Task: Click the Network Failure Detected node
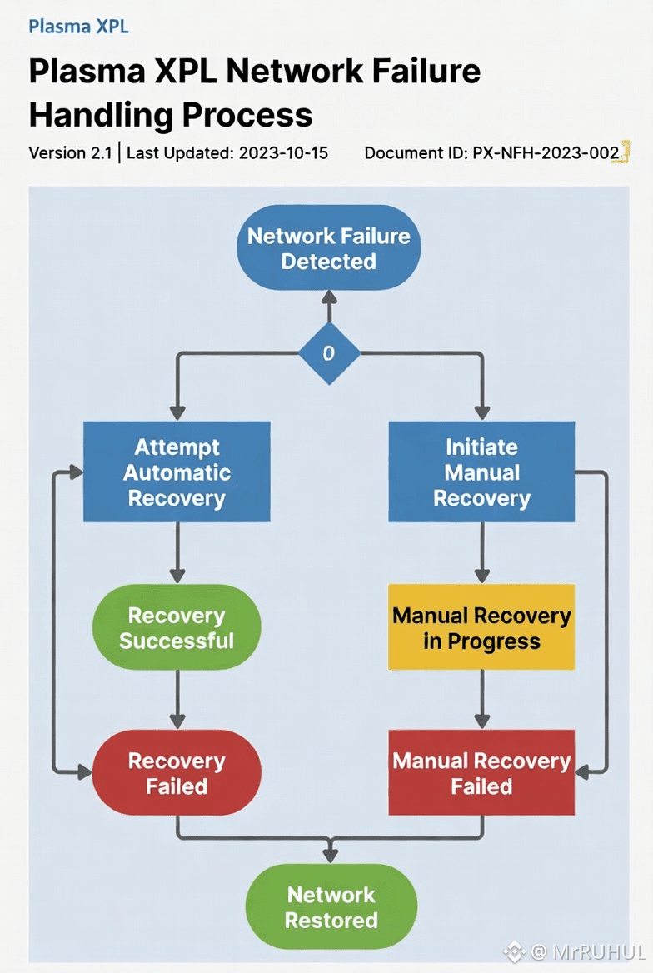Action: [329, 247]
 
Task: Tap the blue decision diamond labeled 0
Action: [329, 353]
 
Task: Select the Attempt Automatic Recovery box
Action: [177, 472]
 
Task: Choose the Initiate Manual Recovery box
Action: [481, 472]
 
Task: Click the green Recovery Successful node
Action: [177, 627]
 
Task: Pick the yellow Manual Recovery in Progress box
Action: [481, 627]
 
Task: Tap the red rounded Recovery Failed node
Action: [177, 773]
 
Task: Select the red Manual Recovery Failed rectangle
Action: [481, 773]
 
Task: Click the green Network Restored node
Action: [331, 906]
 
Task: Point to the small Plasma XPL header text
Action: [78, 26]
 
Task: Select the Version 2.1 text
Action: [70, 153]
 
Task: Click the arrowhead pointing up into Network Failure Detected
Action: [329, 297]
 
